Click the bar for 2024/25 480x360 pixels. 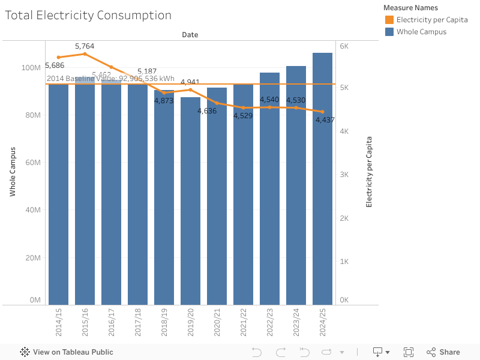tap(322, 180)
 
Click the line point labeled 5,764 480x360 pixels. tap(85, 54)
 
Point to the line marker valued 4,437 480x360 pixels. tap(322, 112)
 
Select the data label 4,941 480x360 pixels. tap(190, 82)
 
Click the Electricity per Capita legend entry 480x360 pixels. tap(431, 20)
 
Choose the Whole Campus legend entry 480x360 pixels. tap(421, 32)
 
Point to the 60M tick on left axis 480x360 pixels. tap(32, 163)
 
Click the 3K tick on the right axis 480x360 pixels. tap(344, 175)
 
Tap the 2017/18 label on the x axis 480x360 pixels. tap(137, 323)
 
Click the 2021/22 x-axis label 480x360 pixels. tap(243, 323)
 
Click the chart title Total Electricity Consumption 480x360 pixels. tap(88, 16)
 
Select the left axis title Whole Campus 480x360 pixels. tap(13, 172)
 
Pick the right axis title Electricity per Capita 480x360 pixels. tap(369, 172)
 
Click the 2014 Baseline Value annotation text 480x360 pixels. tap(110, 79)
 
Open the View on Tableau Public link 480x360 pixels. tap(67, 352)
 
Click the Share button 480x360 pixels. tap(443, 352)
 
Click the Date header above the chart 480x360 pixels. tap(190, 35)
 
